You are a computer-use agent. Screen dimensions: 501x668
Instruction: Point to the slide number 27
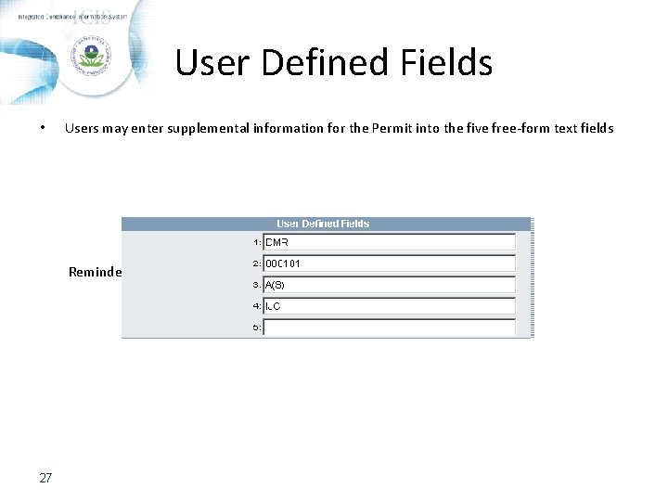tap(45, 478)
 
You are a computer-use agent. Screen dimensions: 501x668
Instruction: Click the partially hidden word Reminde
tap(95, 272)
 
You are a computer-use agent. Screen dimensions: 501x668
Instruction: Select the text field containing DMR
tap(389, 242)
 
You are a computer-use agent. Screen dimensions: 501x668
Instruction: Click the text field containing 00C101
tap(389, 263)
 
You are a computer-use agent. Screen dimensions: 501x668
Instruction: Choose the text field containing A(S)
tap(389, 285)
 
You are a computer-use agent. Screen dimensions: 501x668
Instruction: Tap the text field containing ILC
tap(389, 306)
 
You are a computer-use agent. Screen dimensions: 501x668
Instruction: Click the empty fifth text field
tap(389, 328)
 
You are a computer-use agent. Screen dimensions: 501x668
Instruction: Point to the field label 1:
tap(257, 242)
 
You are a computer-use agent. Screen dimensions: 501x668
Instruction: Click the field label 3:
tap(257, 285)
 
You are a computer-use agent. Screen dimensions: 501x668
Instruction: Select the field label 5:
tap(257, 328)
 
